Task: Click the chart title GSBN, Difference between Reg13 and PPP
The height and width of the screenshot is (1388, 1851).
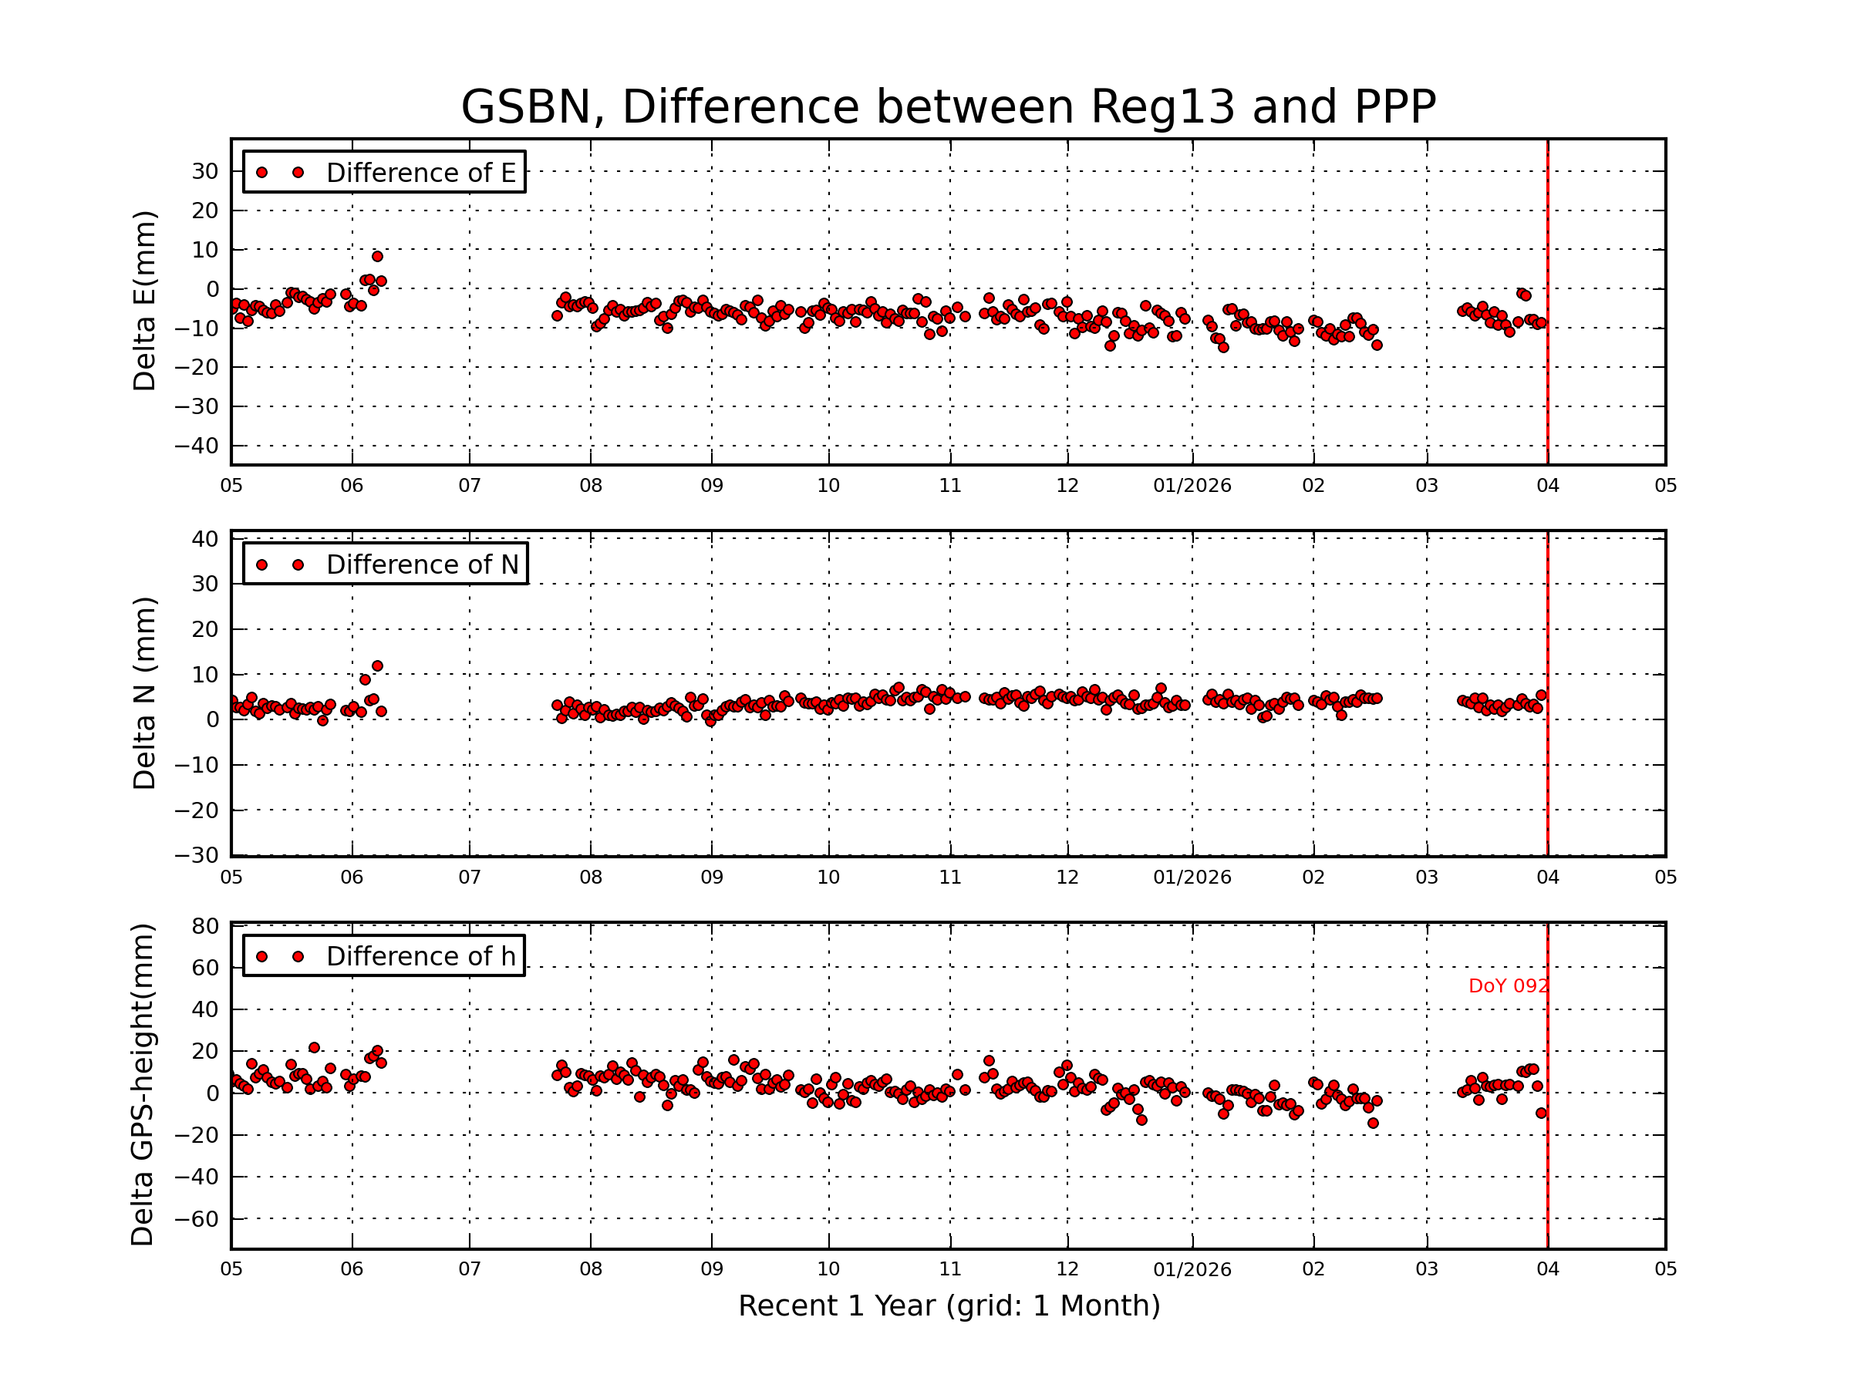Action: [x=948, y=107]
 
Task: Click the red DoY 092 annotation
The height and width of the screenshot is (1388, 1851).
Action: [x=1508, y=986]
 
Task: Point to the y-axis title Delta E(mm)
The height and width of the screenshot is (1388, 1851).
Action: [x=145, y=302]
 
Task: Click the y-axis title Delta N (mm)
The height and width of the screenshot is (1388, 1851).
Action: [x=145, y=692]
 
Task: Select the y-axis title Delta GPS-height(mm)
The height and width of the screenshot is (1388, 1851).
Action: [x=143, y=1085]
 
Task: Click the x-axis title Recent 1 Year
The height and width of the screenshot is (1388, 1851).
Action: [x=949, y=1306]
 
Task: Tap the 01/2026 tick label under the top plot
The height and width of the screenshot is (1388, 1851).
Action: [x=1192, y=486]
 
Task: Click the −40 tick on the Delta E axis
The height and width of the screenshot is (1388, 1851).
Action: [x=196, y=446]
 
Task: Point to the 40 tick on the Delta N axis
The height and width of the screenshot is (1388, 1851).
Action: [x=205, y=539]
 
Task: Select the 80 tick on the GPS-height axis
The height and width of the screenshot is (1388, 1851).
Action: [x=205, y=926]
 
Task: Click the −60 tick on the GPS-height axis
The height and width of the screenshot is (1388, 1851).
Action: [x=196, y=1219]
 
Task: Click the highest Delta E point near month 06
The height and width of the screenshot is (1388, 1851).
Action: [x=377, y=257]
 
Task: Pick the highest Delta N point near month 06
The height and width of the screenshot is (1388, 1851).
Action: [x=377, y=666]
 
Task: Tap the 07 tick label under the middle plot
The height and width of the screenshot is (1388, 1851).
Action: [x=470, y=878]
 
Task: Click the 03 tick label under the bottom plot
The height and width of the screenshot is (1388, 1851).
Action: [x=1427, y=1269]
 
